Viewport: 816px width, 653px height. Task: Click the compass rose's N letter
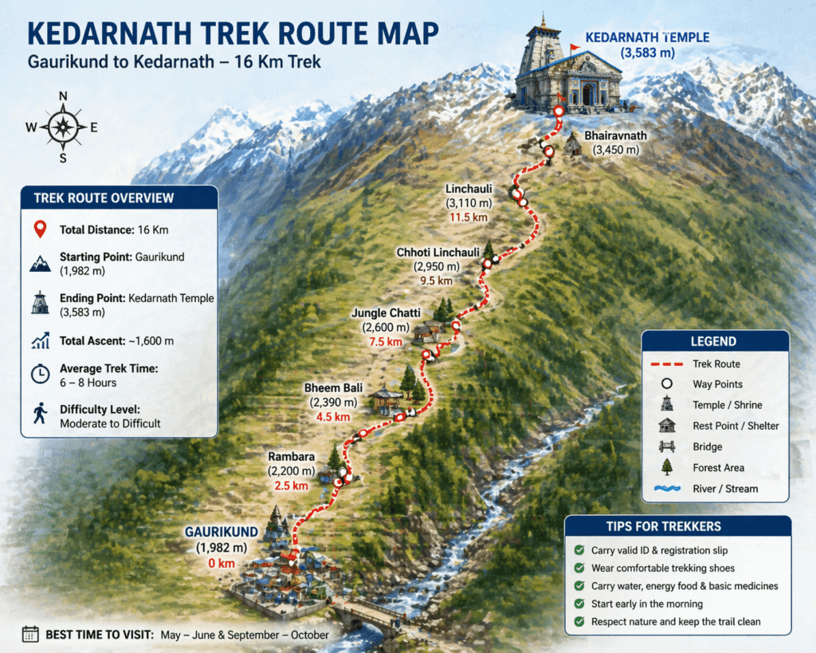(63, 96)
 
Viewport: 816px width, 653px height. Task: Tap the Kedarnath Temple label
(646, 37)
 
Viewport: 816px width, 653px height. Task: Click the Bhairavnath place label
(615, 136)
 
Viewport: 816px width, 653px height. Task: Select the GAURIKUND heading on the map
(222, 531)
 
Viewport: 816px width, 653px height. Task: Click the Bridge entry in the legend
(707, 446)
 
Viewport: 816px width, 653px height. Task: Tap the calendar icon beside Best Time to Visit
(30, 634)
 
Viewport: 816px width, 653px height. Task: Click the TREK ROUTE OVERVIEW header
(104, 199)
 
